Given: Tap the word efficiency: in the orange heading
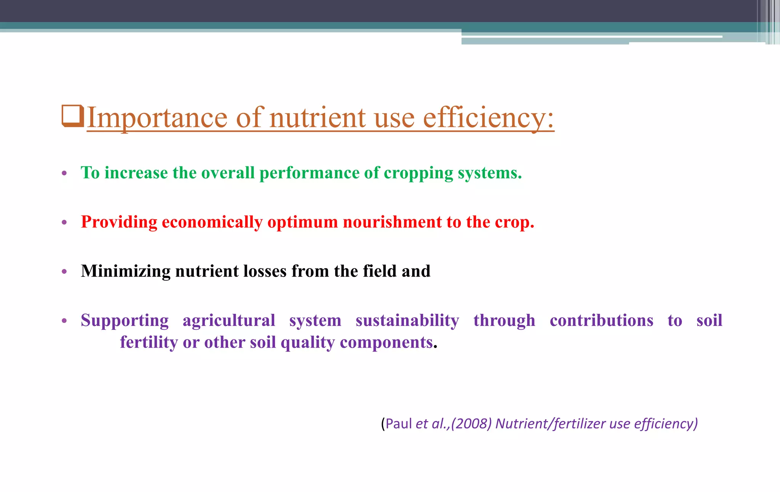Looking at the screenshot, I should pyautogui.click(x=488, y=118).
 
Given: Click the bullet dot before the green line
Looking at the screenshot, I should pyautogui.click(x=64, y=174).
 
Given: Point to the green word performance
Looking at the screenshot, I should pyautogui.click(x=309, y=174).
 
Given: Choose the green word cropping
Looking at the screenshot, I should pyautogui.click(x=418, y=174).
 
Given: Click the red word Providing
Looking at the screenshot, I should pyautogui.click(x=119, y=222).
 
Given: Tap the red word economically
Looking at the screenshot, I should pyautogui.click(x=212, y=222).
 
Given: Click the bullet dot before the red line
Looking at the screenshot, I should pyautogui.click(x=64, y=222).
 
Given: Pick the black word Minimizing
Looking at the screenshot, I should pyautogui.click(x=126, y=271).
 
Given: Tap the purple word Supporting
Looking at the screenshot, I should pyautogui.click(x=125, y=321).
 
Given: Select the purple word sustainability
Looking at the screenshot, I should pyautogui.click(x=407, y=320).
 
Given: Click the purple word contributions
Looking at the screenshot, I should pyautogui.click(x=601, y=320).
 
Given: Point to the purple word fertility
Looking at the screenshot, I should pyautogui.click(x=149, y=342).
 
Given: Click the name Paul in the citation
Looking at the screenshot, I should pyautogui.click(x=398, y=424).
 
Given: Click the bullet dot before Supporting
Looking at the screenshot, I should pyautogui.click(x=64, y=321).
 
